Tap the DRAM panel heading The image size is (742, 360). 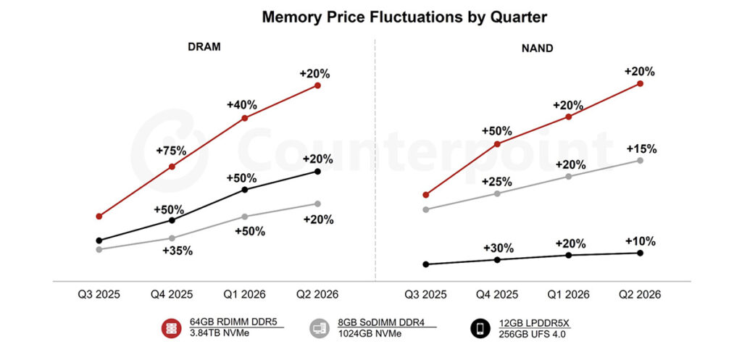(x=204, y=47)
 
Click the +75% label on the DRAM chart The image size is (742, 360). (x=171, y=151)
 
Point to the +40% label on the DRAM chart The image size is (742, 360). (x=242, y=104)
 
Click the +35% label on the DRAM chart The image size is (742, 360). (x=178, y=251)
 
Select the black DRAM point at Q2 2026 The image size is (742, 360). (x=317, y=171)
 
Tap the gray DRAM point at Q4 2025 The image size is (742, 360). (x=172, y=238)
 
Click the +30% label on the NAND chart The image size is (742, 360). (x=497, y=248)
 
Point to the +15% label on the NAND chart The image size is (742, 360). (x=641, y=149)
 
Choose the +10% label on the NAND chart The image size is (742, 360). (x=641, y=241)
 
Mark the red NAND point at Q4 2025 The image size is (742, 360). (x=497, y=143)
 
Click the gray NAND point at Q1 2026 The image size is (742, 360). (x=569, y=176)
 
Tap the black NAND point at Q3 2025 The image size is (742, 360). (x=426, y=264)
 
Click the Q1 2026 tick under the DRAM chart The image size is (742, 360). (x=244, y=295)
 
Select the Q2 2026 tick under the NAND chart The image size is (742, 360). (x=639, y=295)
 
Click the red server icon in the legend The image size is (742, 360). (x=171, y=328)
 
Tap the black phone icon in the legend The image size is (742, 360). (x=479, y=328)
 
